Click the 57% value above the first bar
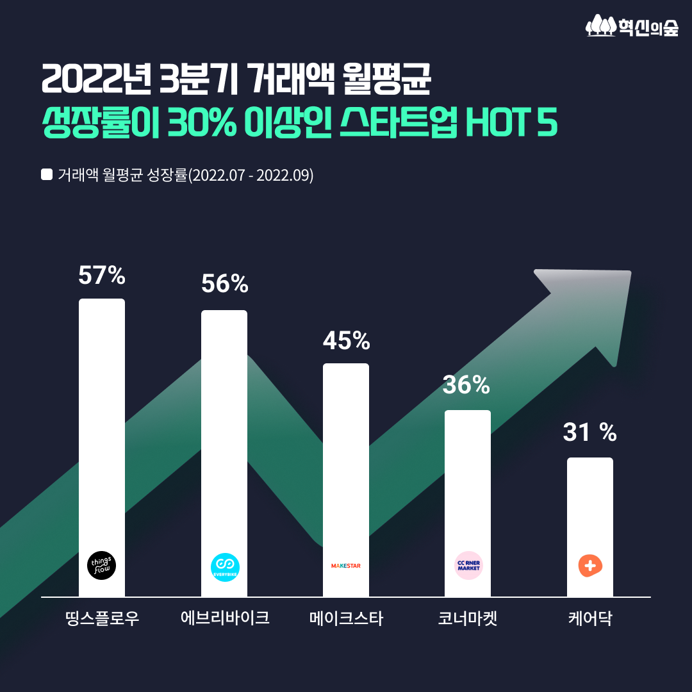[x=102, y=276]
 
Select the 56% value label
[x=224, y=284]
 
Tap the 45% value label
[x=346, y=341]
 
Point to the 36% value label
[x=466, y=385]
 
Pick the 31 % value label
[x=589, y=433]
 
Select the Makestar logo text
[x=346, y=566]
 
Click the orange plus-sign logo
[x=589, y=565]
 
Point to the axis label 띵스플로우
[x=102, y=619]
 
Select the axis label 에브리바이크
[x=224, y=619]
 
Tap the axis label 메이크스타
[x=346, y=619]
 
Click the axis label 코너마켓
[x=468, y=619]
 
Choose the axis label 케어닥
[x=589, y=619]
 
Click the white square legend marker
[x=46, y=174]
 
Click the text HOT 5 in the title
[x=510, y=124]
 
